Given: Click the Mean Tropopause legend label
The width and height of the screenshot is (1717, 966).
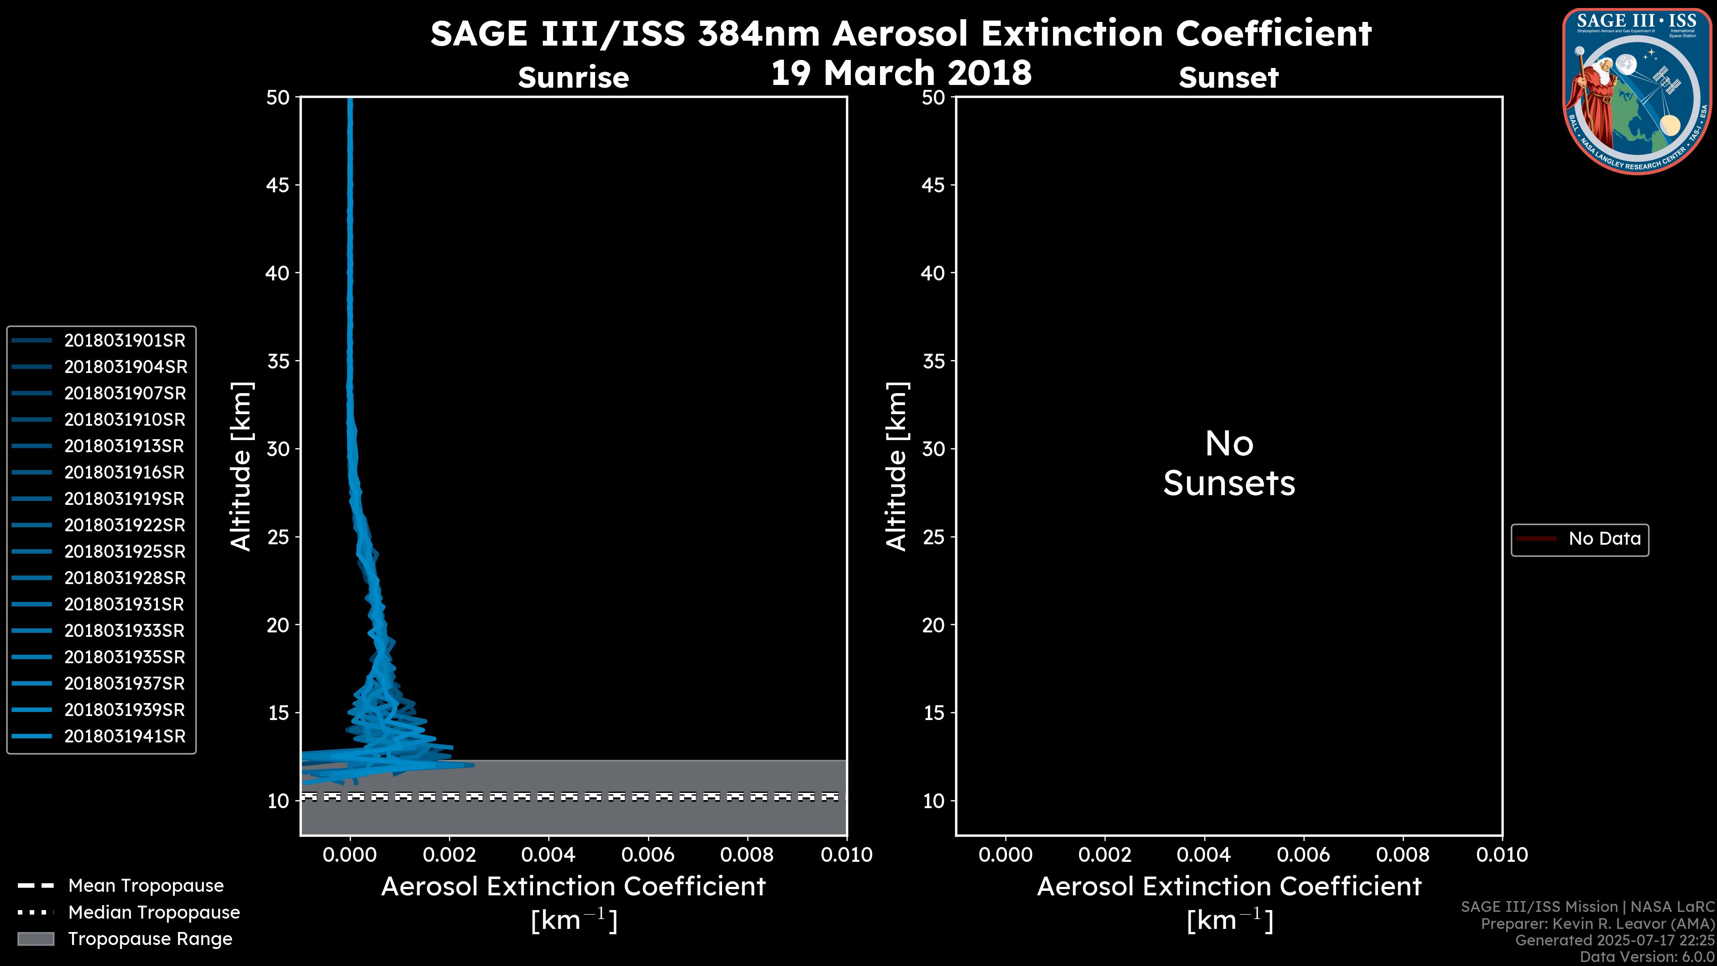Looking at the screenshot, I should click(146, 886).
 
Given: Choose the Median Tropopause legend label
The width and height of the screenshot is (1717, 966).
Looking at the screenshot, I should click(154, 913).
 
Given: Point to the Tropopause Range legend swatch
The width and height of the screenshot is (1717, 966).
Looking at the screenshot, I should click(35, 939).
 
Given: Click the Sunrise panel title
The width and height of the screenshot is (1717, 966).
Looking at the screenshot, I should click(573, 77).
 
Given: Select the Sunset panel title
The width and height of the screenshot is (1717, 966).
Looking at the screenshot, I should click(1228, 77).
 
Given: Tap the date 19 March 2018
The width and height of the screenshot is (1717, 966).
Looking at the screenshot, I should click(901, 72).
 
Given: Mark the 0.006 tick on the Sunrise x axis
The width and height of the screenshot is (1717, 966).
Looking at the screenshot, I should click(648, 855).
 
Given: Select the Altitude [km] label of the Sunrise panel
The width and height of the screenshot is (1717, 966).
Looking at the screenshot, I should click(241, 466).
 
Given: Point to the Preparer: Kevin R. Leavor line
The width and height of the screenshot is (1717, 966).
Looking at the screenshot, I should click(1597, 924).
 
